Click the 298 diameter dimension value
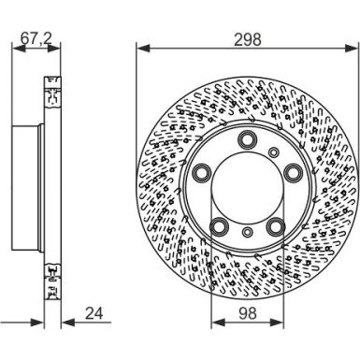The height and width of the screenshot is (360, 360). pos(248,39)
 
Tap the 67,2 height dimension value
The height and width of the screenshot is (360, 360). pos(36,38)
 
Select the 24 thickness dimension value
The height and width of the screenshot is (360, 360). pos(94,313)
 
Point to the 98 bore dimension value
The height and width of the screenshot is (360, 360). pos(248,313)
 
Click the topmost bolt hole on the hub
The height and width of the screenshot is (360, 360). pos(247,138)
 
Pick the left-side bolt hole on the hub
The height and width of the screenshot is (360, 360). pos(201,172)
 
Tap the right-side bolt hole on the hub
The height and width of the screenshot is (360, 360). pos(294,172)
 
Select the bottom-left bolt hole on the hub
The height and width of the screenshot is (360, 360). pos(219,226)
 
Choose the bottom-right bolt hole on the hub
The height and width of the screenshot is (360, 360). pos(277,226)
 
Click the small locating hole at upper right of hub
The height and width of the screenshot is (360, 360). pos(274,152)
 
